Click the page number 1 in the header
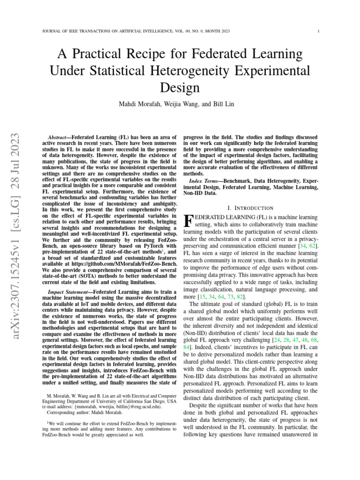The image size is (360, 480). [x=318, y=31]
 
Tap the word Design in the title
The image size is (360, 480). [x=180, y=87]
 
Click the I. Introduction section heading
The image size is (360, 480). [x=250, y=208]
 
